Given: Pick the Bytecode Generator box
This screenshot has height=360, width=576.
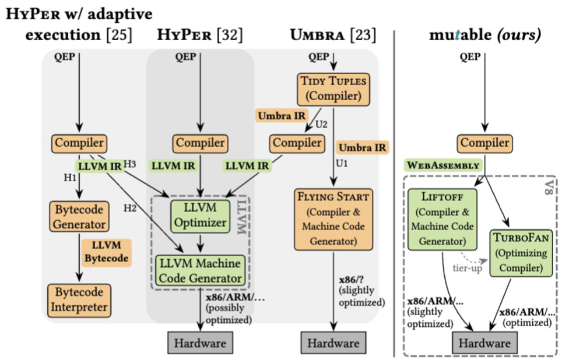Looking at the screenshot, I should pyautogui.click(x=80, y=216).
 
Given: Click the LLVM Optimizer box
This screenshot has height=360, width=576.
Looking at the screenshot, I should pyautogui.click(x=200, y=215).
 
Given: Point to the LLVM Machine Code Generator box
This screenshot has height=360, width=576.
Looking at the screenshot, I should pyautogui.click(x=200, y=270).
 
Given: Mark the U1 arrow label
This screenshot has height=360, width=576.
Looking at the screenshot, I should pyautogui.click(x=343, y=164).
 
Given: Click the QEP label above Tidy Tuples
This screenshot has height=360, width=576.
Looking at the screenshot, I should pyautogui.click(x=318, y=57).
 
